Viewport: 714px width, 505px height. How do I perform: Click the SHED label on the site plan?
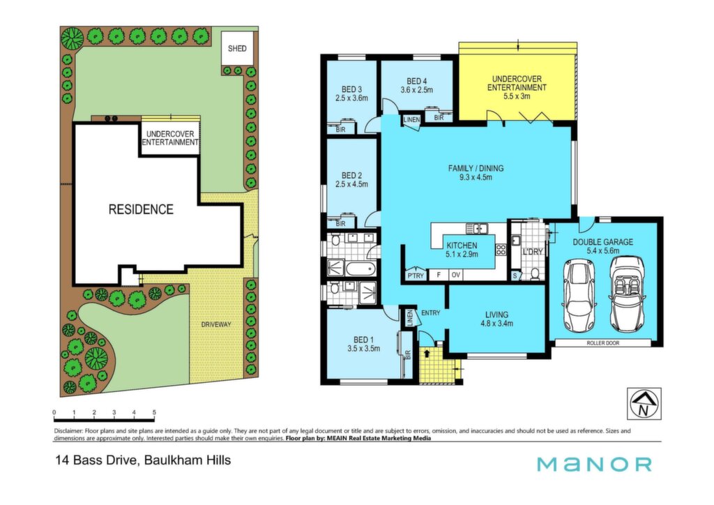(237, 48)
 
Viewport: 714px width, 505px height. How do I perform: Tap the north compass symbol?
(644, 403)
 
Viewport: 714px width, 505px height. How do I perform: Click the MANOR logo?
(594, 465)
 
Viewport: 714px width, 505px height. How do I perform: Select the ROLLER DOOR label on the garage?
(603, 343)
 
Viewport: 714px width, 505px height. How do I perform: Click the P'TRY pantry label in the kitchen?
(415, 276)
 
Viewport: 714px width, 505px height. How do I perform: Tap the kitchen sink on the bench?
(476, 227)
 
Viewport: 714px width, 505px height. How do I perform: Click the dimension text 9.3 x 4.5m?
(476, 177)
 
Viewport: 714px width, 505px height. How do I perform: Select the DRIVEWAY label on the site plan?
(216, 324)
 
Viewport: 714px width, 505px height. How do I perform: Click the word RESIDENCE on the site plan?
(141, 209)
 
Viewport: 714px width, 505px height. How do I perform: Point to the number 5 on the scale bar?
(154, 412)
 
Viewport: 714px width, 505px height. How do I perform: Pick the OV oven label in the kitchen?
(455, 275)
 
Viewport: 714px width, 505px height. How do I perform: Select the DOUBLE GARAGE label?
(603, 242)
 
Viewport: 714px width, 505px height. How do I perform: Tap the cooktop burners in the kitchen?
(501, 250)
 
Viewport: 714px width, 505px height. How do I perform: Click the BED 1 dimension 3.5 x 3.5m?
(363, 349)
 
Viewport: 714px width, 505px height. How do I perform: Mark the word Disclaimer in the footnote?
(68, 431)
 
